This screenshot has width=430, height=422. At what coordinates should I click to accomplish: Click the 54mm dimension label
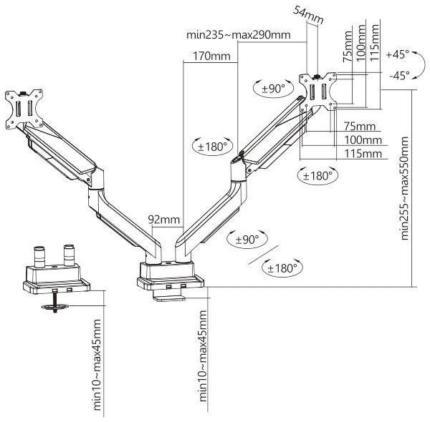pyautogui.click(x=308, y=15)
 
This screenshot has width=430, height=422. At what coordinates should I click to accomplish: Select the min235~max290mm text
pyautogui.click(x=239, y=35)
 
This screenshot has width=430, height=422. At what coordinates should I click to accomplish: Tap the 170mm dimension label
pyautogui.click(x=211, y=56)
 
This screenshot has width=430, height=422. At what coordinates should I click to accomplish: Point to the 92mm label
pyautogui.click(x=163, y=219)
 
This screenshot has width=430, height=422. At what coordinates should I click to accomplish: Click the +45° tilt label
pyautogui.click(x=397, y=54)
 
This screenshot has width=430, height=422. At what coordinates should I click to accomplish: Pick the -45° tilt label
pyautogui.click(x=400, y=75)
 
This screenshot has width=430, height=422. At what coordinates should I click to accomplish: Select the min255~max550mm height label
pyautogui.click(x=405, y=188)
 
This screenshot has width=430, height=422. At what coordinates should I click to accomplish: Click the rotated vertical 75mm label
pyautogui.click(x=348, y=46)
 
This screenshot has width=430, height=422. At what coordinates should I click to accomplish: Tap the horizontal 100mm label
pyautogui.click(x=363, y=140)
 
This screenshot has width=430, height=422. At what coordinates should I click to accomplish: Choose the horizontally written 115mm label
pyautogui.click(x=363, y=154)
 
